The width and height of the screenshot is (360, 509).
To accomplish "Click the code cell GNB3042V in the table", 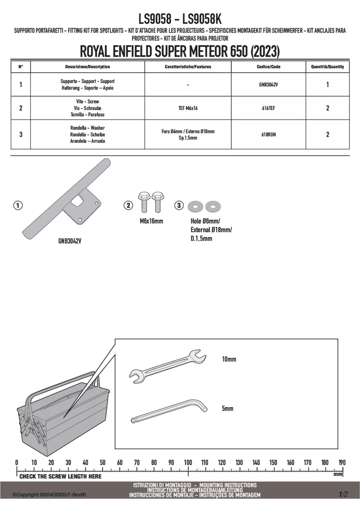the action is point(268,85).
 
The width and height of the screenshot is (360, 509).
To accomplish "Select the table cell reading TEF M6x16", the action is point(188,108).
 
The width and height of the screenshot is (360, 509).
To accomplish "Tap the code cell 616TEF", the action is point(268,108).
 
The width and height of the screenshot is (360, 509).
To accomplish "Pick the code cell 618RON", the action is point(268,135).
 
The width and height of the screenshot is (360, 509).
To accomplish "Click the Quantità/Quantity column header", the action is point(328,67).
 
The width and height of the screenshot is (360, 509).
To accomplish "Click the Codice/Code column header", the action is point(268,67).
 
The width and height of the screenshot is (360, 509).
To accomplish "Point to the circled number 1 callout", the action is point(18,206).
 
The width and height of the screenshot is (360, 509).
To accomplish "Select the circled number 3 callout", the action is point(179,205).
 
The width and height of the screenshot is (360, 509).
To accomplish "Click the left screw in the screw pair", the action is point(143,202).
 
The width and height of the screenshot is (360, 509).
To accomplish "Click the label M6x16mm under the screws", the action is point(152,221).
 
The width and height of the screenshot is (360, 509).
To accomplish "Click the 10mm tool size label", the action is point(229,359).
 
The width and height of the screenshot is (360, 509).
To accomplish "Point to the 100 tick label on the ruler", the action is point(188,463).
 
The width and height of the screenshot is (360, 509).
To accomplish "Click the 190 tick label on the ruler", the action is point(342,463).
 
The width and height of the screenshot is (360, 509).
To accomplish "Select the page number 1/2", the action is point(343,494).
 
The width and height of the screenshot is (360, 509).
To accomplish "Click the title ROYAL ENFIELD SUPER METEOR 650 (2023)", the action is point(180,52).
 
